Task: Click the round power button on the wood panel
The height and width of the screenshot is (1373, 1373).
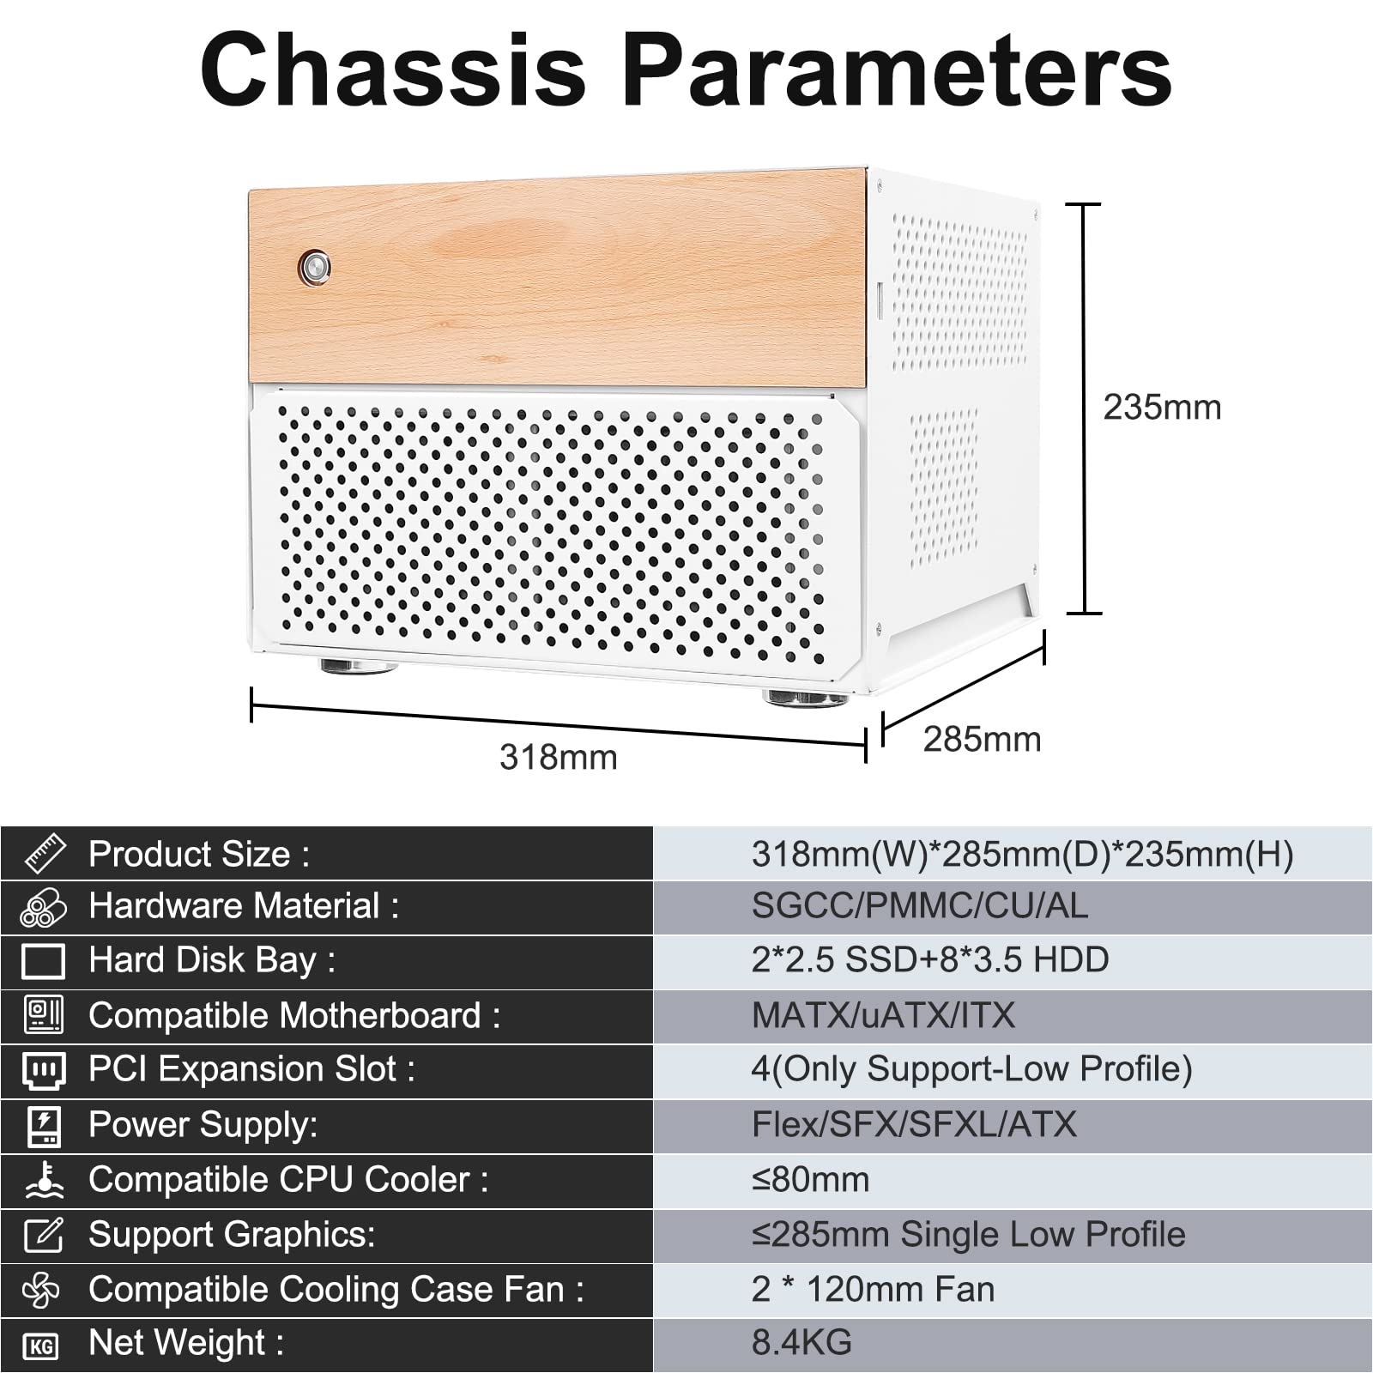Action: pos(314,268)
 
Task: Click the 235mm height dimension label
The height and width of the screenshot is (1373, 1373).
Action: pos(1162,408)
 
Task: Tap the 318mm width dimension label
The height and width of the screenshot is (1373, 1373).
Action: pos(559,758)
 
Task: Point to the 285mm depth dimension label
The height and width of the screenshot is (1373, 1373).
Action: pos(982,740)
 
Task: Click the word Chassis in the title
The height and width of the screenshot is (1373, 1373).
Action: pos(394,70)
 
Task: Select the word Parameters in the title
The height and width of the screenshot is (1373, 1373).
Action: pos(897,70)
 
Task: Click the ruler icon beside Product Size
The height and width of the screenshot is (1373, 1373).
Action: pos(45,853)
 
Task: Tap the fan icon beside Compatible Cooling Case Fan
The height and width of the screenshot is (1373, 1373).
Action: pos(42,1290)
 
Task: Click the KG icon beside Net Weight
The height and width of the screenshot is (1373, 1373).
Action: pos(41,1346)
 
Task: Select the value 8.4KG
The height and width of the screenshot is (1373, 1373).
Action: pos(801,1343)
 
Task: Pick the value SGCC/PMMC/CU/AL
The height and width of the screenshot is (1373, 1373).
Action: pos(919,906)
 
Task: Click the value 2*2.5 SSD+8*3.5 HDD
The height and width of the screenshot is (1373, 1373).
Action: pos(930,960)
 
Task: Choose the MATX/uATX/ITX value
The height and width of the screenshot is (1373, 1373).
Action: pos(883,1016)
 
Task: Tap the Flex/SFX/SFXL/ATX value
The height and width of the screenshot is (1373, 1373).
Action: pos(914,1125)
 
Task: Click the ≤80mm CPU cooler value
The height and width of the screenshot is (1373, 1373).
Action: pos(810,1180)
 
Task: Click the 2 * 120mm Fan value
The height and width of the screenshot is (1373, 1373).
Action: pos(873,1290)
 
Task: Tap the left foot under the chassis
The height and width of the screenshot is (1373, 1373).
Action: pos(358,666)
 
